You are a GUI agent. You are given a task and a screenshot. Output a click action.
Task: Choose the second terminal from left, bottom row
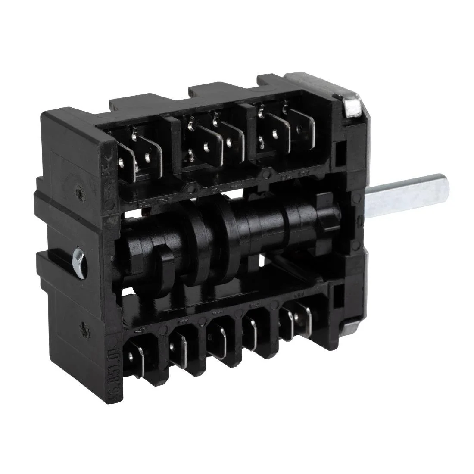179,345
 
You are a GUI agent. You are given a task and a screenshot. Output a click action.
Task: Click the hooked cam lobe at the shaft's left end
159,263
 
